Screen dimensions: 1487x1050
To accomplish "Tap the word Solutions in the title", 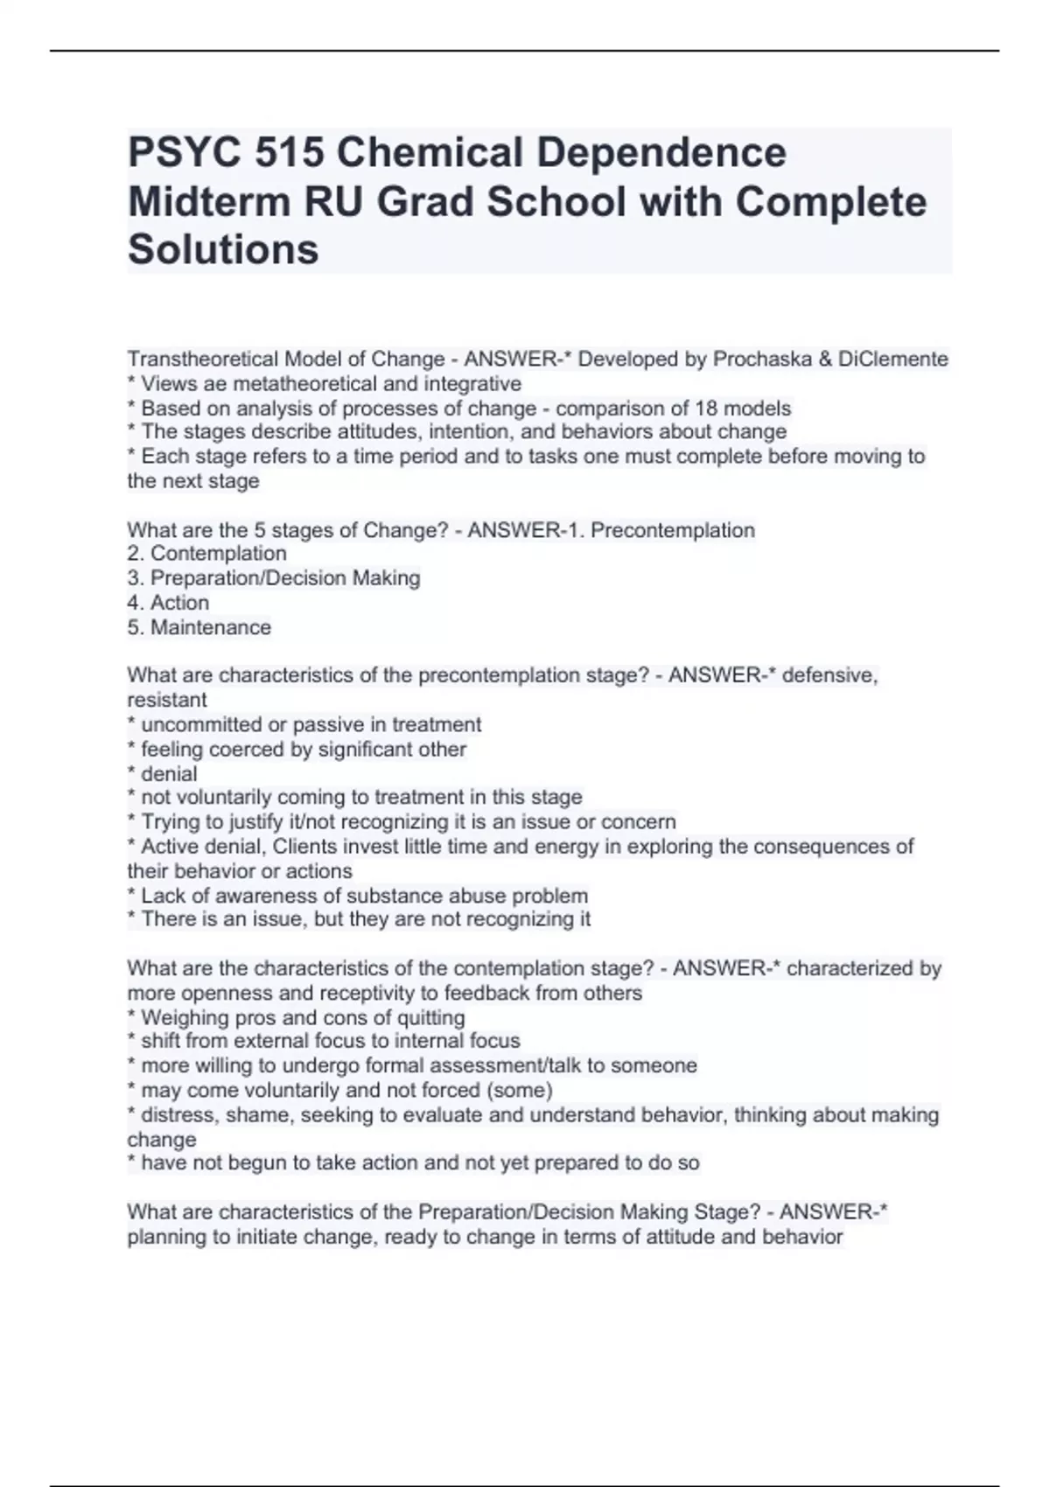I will [x=223, y=250].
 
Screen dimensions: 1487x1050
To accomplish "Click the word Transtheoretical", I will [x=198, y=359].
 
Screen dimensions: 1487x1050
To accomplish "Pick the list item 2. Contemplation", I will [x=206, y=554].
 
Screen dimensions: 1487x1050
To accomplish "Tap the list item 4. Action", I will [x=168, y=603].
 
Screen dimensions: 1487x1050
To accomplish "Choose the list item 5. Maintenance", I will [x=199, y=627].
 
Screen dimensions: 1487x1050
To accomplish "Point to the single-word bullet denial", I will [x=169, y=774].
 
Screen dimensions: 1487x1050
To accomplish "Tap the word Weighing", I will [x=180, y=1017].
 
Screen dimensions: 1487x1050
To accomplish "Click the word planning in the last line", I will [x=164, y=1237].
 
